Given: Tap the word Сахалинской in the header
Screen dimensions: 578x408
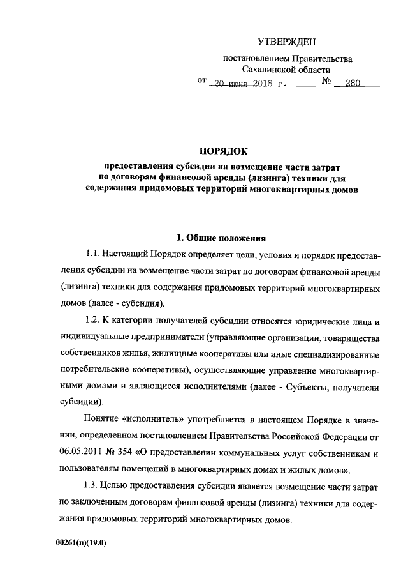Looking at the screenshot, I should (x=267, y=70).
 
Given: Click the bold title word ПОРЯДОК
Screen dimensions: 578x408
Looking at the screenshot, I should (x=222, y=151).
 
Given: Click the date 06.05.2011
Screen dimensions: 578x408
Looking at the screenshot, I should (x=80, y=454).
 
